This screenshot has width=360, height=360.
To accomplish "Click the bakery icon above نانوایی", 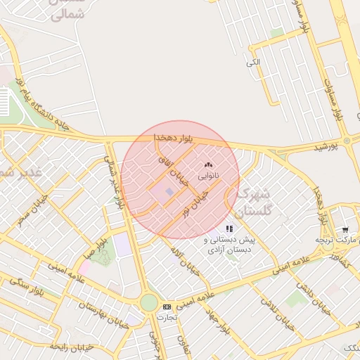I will point(207,164).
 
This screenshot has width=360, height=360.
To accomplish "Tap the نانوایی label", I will point(207,173).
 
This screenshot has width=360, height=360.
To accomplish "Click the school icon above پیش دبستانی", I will point(229,229).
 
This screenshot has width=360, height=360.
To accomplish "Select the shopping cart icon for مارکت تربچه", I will point(345,230).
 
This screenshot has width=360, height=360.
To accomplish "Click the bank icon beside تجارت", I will point(167,307).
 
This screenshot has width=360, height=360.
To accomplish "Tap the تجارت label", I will point(167,316).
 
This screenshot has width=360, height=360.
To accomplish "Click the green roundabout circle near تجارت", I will point(148,302).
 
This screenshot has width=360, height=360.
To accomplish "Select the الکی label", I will point(253,63).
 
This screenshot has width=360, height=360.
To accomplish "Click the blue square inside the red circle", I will point(169,191).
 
